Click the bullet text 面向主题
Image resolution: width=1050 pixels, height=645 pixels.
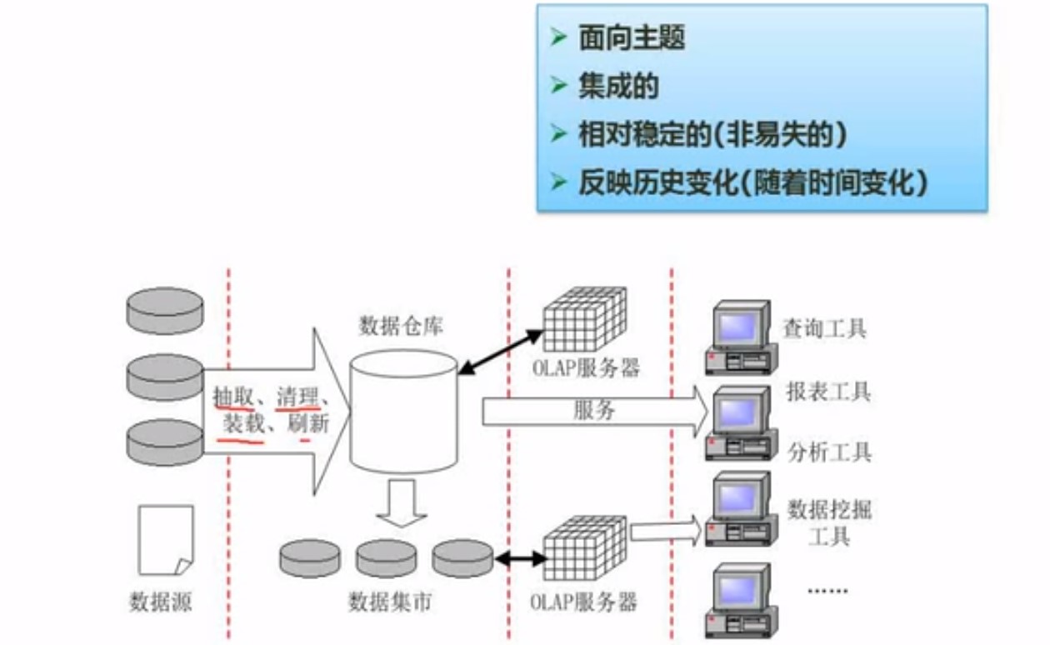[x=631, y=37]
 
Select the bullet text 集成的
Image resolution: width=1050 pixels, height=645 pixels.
[x=618, y=86]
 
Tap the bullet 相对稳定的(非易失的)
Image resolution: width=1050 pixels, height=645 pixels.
[x=712, y=134]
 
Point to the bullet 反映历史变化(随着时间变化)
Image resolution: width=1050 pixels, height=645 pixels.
[x=753, y=182]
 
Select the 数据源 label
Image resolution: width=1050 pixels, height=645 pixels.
[x=160, y=602]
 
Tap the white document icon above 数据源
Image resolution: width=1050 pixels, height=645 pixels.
[x=165, y=540]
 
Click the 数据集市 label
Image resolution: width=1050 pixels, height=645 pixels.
[x=390, y=602]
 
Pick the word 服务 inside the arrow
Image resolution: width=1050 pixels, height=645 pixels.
[x=594, y=410]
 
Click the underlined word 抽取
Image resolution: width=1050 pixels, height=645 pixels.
[x=233, y=395]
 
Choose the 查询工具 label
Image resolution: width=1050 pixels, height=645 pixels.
[x=824, y=328]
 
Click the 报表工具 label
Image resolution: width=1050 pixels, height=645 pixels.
[x=828, y=391]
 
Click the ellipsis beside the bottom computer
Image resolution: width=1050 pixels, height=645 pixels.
[x=827, y=590]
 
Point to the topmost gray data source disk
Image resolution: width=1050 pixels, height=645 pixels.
[x=165, y=310]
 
